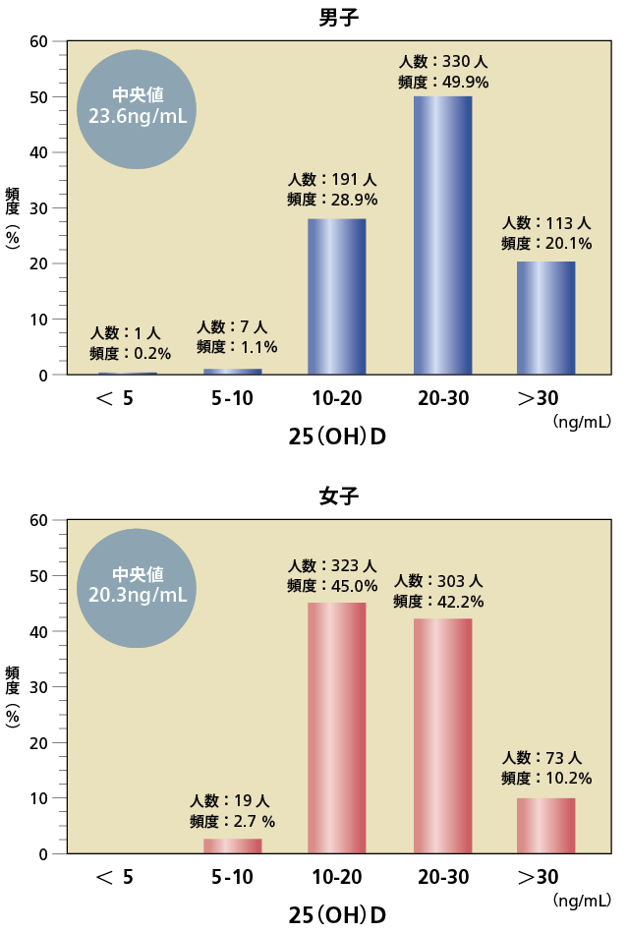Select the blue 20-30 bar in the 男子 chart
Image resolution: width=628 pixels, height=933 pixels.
pos(442,235)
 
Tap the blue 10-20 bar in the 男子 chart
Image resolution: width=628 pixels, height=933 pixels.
pos(336,296)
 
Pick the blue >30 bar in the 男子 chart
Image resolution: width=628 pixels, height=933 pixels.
pos(546,318)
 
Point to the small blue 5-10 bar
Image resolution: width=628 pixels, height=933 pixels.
pos(232,372)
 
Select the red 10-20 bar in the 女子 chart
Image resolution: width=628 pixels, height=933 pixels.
pos(336,728)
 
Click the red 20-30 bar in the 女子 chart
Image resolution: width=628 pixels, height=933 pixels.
pos(442,735)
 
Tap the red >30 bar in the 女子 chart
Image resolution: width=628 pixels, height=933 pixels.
pos(546,825)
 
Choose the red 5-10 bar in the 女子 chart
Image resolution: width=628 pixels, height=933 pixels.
pos(232,846)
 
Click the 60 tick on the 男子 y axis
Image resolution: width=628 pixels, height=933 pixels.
pos(38,41)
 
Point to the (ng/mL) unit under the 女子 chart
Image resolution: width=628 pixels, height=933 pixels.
pos(582,901)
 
